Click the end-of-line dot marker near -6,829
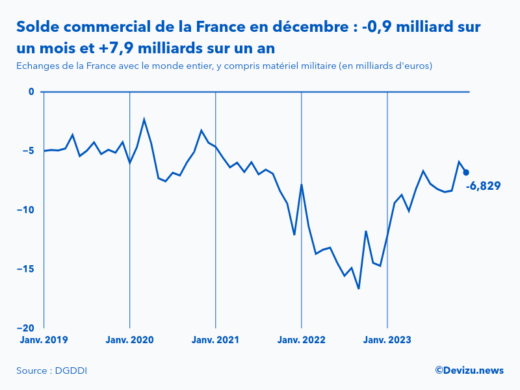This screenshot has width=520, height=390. (x=466, y=172)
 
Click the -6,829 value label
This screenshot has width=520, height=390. (x=483, y=186)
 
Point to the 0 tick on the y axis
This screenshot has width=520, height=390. (x=31, y=92)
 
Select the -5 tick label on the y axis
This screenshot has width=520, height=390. (x=29, y=151)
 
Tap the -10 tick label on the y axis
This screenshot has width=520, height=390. (x=27, y=210)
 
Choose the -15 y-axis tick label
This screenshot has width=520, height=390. (x=27, y=269)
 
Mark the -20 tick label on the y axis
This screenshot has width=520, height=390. (x=27, y=328)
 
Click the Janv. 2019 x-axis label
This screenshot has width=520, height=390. (x=42, y=340)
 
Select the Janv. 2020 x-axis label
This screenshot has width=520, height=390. (x=130, y=340)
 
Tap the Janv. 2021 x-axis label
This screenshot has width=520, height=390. (x=216, y=340)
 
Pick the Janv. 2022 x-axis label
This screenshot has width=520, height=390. (x=301, y=340)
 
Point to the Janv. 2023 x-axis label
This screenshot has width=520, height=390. (x=387, y=340)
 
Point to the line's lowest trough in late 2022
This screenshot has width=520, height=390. (x=359, y=288)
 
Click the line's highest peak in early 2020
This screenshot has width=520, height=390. (x=144, y=119)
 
